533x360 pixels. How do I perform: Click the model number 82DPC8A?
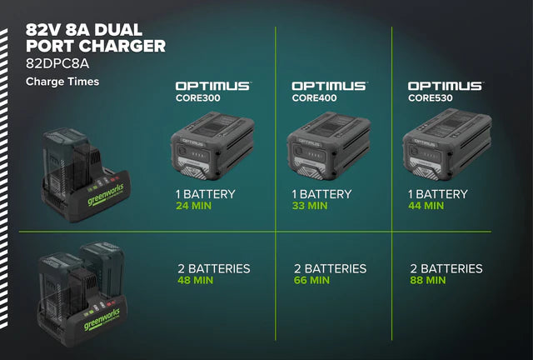click(57, 63)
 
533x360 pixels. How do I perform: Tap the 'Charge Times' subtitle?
click(62, 82)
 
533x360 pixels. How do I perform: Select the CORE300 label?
click(198, 98)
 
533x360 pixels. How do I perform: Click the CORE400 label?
click(314, 98)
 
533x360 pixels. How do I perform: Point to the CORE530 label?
click(431, 98)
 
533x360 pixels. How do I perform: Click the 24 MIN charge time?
click(194, 206)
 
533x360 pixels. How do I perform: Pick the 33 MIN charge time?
click(310, 206)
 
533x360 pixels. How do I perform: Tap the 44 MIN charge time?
click(426, 206)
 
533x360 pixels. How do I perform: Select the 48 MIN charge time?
click(196, 280)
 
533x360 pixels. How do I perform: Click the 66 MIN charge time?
click(311, 280)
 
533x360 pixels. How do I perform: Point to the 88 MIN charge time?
click(427, 280)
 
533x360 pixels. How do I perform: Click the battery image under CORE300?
click(212, 146)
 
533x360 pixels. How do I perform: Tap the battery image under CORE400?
click(329, 146)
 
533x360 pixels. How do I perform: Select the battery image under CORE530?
click(447, 145)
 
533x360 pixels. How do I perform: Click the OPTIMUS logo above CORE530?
click(446, 86)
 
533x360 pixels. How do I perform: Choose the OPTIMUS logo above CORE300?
click(213, 86)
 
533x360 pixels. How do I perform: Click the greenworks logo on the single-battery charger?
click(106, 195)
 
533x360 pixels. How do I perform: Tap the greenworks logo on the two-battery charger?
click(102, 319)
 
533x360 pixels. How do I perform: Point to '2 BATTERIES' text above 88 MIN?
click(446, 269)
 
